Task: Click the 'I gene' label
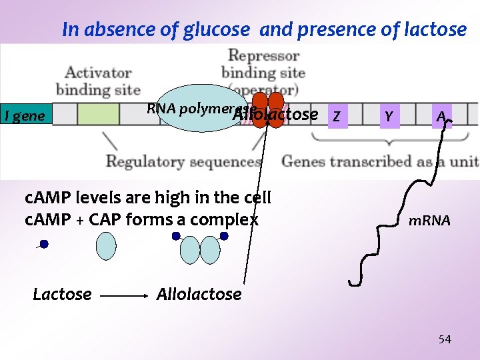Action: tap(24, 116)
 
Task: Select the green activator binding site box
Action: tap(98, 114)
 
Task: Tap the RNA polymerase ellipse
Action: tap(193, 108)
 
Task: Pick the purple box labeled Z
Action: tap(338, 117)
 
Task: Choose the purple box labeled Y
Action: tap(388, 117)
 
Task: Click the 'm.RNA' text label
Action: tap(429, 220)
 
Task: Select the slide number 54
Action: tap(444, 339)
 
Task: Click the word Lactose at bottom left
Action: tap(62, 294)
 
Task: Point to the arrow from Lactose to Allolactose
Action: tap(126, 294)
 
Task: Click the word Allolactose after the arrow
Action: tap(199, 294)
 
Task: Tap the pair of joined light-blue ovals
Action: tap(200, 249)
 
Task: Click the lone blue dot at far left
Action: tap(43, 245)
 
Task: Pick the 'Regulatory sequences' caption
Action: tap(183, 161)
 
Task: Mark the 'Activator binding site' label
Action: tap(98, 81)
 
